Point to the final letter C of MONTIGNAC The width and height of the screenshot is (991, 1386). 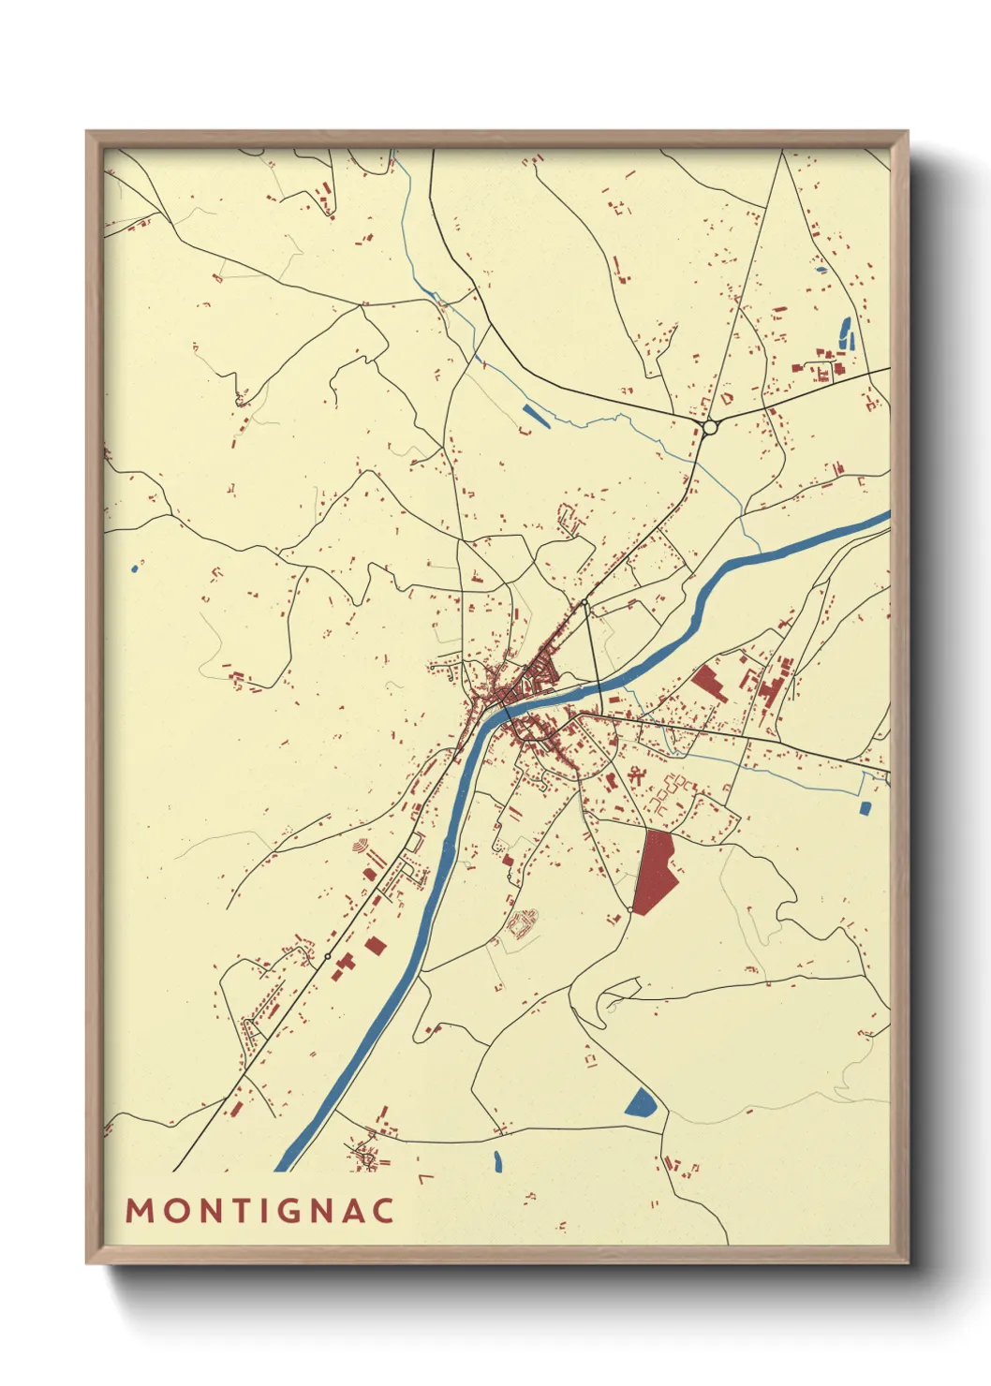click(383, 1211)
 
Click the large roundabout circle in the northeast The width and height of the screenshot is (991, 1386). click(710, 427)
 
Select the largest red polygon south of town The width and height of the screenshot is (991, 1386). click(655, 870)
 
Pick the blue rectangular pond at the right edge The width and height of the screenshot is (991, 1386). click(865, 806)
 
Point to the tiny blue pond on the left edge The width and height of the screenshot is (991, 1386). click(135, 568)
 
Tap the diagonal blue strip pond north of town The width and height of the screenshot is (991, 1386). click(535, 416)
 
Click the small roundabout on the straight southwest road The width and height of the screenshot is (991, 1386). click(327, 956)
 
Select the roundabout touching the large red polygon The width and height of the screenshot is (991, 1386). click(631, 909)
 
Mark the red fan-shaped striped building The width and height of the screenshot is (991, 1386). click(360, 847)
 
